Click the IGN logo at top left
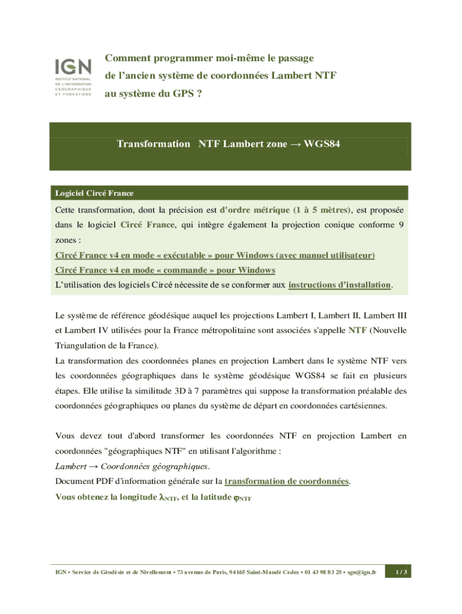(73, 77)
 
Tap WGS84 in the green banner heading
(323, 144)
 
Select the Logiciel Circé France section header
(94, 193)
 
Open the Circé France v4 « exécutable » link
(215, 255)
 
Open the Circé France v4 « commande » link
(165, 270)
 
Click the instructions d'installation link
(340, 285)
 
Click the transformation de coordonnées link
(287, 481)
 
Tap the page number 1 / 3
(398, 573)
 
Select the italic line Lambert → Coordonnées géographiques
(132, 466)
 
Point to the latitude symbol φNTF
(241, 497)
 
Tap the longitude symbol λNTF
(167, 497)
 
